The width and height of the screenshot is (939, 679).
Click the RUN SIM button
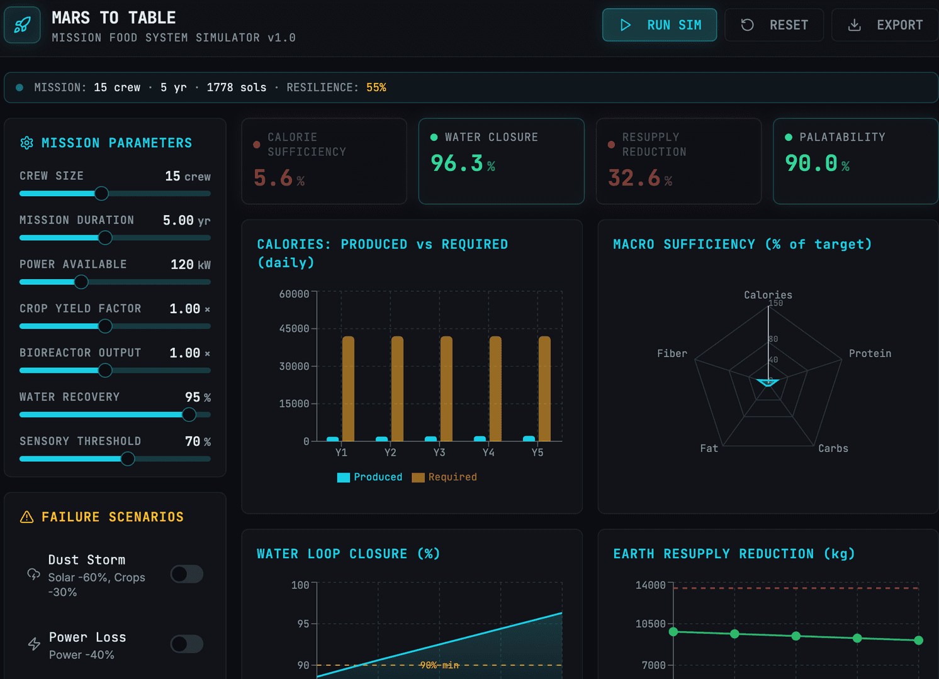pos(660,25)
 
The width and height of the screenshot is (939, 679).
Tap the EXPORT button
pos(885,25)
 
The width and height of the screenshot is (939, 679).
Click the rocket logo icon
pos(22,25)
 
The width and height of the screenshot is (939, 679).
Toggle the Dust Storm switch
pos(187,574)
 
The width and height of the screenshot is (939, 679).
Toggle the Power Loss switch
pos(187,644)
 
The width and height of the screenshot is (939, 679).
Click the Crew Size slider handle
pos(101,194)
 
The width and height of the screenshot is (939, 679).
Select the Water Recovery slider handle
pos(189,415)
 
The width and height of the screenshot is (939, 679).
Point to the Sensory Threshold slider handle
pos(128,459)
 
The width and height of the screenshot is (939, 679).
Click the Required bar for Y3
pos(446,389)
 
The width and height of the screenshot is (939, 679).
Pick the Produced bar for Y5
pos(529,439)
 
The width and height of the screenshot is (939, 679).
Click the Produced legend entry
pos(369,477)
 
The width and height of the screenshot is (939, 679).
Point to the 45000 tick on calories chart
pos(295,329)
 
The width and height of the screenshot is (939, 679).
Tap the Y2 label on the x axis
pos(390,453)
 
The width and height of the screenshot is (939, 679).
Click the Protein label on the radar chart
pos(870,353)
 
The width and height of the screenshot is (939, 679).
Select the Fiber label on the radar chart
pos(672,353)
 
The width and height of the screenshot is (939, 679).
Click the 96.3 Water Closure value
pos(457,163)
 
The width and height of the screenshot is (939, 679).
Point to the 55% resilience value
pos(376,87)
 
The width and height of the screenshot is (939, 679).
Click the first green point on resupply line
pos(673,632)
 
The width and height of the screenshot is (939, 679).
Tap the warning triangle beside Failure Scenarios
pos(27,517)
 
